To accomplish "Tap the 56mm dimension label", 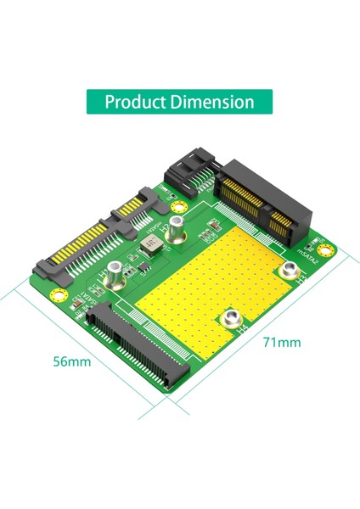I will point(72,362).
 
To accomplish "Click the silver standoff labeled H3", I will point(292,271).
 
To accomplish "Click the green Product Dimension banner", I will point(179,102).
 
